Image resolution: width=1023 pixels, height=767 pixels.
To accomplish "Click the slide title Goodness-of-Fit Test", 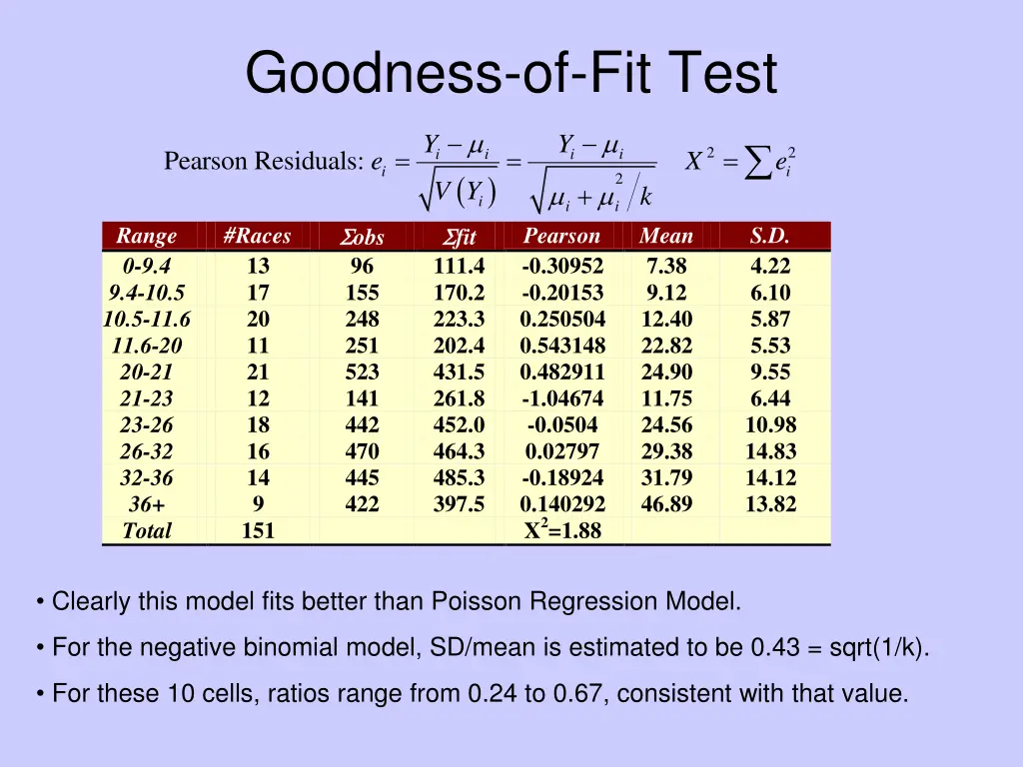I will pos(511,75).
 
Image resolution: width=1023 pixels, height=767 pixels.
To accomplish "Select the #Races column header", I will pos(258,236).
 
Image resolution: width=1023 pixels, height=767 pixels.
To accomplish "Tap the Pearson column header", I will pos(561,236).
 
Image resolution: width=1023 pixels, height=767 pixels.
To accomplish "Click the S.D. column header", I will pos(770,236).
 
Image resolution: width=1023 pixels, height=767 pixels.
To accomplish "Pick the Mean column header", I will pos(666,236).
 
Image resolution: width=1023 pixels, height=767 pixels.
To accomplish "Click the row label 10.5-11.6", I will pos(147,320).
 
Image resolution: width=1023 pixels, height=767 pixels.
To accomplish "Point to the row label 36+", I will pos(147,504).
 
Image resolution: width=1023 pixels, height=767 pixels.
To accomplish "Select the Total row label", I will pos(147,531).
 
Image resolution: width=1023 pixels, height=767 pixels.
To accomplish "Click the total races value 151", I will pos(258,531).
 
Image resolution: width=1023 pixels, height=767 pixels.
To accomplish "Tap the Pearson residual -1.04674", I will pos(562,398).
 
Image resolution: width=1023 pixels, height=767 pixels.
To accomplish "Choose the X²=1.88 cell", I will pos(562,530).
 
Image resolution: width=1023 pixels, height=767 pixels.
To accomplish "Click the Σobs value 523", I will pos(362,373).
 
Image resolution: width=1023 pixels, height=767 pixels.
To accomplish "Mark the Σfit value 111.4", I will pos(459,267).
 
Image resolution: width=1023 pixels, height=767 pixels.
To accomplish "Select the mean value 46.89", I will pos(666,504).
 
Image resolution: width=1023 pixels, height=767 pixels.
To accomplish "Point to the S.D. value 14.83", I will pos(770,451).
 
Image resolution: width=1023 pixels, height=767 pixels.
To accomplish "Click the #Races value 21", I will pos(258,373).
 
